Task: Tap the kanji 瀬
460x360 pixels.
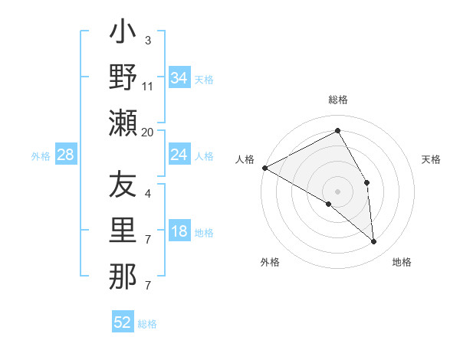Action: (123, 123)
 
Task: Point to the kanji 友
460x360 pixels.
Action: (123, 185)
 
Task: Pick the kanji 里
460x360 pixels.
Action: (123, 230)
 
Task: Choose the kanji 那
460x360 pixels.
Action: (123, 276)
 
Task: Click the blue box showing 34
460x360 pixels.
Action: (179, 78)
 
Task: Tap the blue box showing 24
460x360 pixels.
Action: (179, 155)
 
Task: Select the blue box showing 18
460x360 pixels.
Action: (179, 232)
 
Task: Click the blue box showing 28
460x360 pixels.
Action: (66, 155)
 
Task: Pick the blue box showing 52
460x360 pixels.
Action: (123, 322)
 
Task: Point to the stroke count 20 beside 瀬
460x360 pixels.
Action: (148, 132)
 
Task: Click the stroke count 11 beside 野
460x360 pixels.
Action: (148, 86)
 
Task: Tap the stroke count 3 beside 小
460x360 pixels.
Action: (148, 40)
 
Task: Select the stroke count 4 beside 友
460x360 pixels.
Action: (148, 193)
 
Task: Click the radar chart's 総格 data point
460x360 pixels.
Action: (338, 131)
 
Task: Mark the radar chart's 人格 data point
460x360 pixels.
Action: (264, 167)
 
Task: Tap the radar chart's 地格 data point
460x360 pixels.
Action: (374, 241)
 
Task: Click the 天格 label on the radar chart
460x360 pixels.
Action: (431, 159)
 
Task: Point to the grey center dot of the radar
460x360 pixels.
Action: (338, 191)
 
